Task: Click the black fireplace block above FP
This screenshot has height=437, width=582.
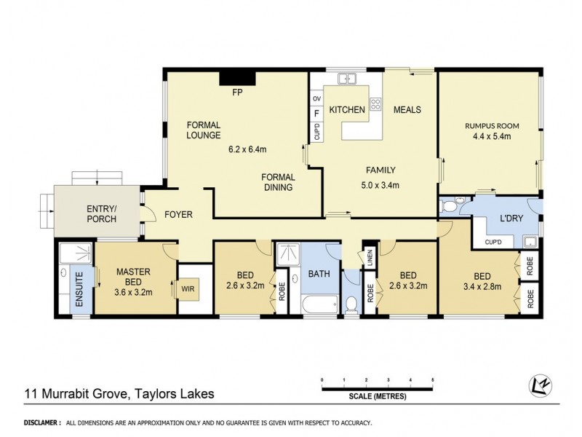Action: click(x=236, y=77)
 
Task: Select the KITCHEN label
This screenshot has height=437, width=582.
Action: click(x=347, y=110)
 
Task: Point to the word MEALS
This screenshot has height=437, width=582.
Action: click(x=407, y=110)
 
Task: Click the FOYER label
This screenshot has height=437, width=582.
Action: click(x=178, y=214)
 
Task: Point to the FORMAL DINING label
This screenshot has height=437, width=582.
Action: click(x=278, y=182)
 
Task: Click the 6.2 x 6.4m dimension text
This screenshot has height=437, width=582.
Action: click(x=247, y=150)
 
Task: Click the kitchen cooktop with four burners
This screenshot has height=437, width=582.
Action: click(x=375, y=104)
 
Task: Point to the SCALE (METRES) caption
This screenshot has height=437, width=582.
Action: click(x=376, y=397)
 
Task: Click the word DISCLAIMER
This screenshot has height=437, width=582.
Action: click(x=41, y=422)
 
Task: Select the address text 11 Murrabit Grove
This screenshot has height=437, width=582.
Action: click(x=69, y=395)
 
